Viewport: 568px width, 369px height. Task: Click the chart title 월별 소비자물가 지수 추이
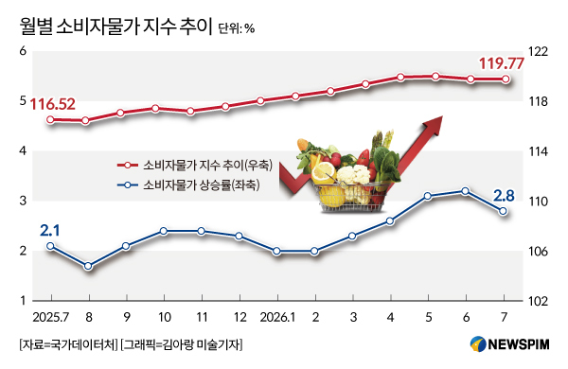pyautogui.click(x=115, y=26)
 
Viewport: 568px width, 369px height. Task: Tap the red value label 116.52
pyautogui.click(x=52, y=104)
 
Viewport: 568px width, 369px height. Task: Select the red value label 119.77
pyautogui.click(x=502, y=63)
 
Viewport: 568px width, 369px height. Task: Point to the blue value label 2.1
pyautogui.click(x=49, y=231)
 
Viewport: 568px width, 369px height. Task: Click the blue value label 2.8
pyautogui.click(x=504, y=196)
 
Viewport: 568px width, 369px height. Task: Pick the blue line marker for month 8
pyautogui.click(x=88, y=266)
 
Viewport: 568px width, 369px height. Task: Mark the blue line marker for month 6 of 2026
pyautogui.click(x=466, y=191)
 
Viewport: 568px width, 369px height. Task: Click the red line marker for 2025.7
pyautogui.click(x=50, y=120)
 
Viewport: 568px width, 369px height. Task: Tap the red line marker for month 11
pyautogui.click(x=190, y=111)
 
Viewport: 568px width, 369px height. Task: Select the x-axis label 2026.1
pyautogui.click(x=277, y=318)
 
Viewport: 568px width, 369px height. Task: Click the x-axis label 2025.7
pyautogui.click(x=51, y=318)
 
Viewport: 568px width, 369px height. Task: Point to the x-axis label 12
pyautogui.click(x=240, y=318)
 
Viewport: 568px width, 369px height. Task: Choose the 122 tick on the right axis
pyautogui.click(x=538, y=52)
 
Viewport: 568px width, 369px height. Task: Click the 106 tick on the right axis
pyautogui.click(x=538, y=252)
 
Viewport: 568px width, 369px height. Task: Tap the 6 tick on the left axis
pyautogui.click(x=23, y=51)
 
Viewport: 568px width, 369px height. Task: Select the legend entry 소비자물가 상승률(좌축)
pyautogui.click(x=188, y=185)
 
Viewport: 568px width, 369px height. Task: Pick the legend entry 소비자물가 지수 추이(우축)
pyautogui.click(x=195, y=166)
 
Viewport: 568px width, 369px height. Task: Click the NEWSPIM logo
pyautogui.click(x=509, y=344)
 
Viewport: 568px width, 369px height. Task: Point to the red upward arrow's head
pyautogui.click(x=434, y=125)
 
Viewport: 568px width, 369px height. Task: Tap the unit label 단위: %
pyautogui.click(x=236, y=29)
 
